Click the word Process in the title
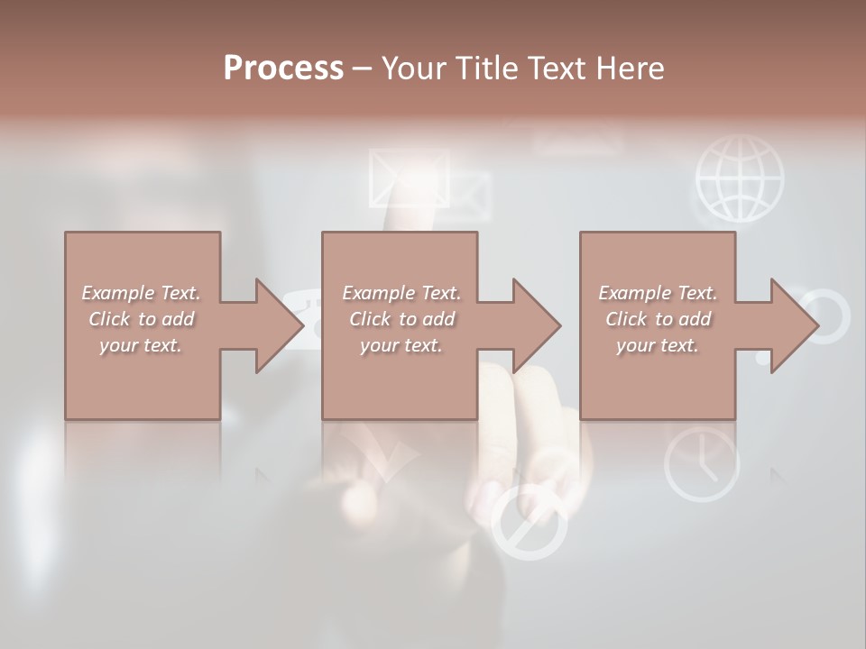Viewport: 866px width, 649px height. [283, 69]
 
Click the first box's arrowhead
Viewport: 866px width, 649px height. [274, 325]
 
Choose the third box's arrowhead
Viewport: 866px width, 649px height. [790, 325]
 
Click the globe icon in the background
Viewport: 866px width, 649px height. [740, 178]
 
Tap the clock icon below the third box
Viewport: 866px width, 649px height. [702, 463]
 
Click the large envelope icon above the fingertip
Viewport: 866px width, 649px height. [409, 176]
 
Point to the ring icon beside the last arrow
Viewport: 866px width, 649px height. [825, 316]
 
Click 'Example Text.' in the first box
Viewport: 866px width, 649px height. [141, 293]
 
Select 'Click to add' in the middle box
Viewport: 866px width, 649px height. [401, 319]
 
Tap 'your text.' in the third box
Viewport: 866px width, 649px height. [658, 345]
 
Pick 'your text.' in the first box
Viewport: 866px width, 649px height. [141, 345]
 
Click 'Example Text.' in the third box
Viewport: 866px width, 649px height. [658, 293]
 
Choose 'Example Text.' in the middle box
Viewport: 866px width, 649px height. [401, 293]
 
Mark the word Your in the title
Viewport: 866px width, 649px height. [414, 69]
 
